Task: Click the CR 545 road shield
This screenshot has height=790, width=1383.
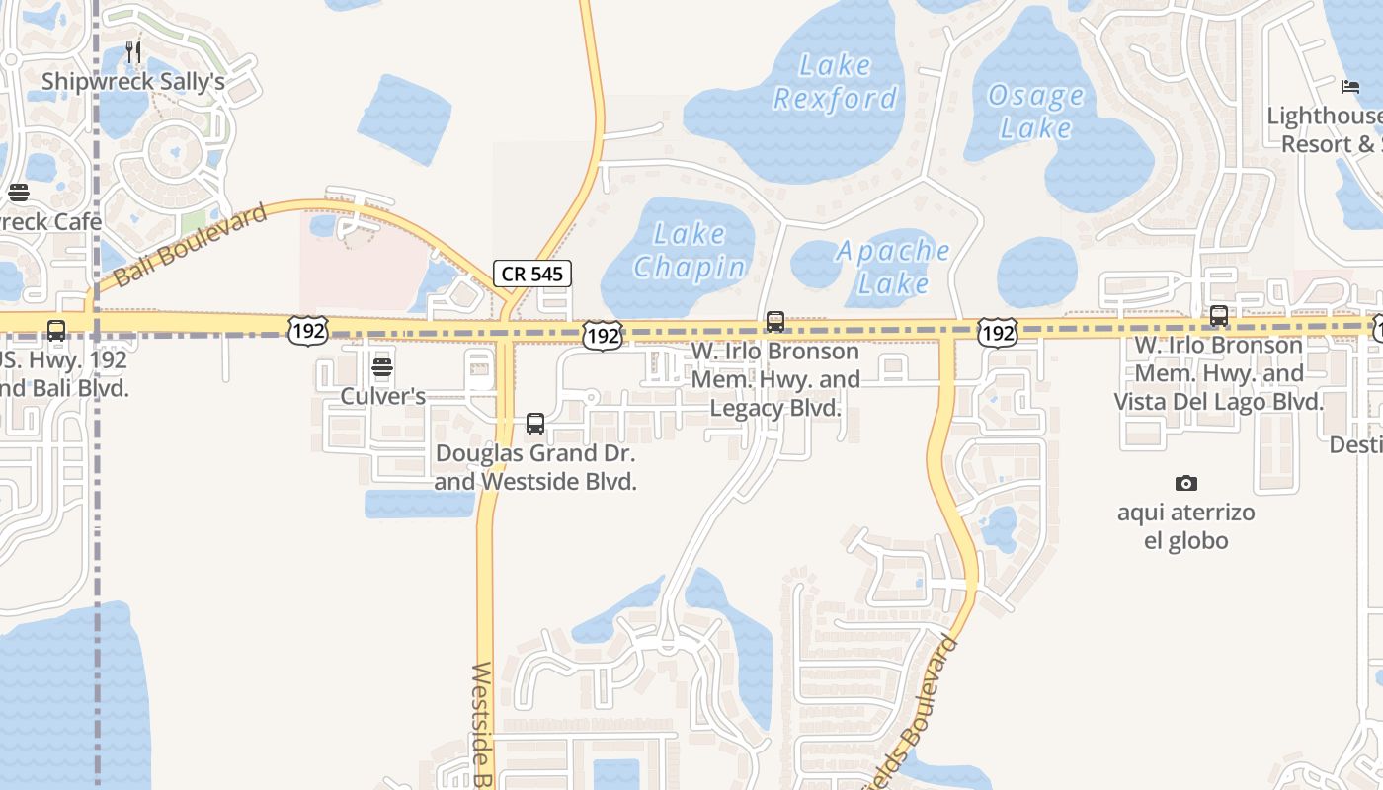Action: point(532,274)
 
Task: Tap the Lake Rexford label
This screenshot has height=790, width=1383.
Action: point(835,82)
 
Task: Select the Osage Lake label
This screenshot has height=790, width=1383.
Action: point(1036,112)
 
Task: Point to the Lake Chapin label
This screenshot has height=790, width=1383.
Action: point(690,251)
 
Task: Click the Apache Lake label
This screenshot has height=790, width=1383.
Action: point(893,267)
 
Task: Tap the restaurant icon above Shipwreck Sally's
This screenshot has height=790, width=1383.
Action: point(133,52)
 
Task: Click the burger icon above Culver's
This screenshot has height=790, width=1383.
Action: point(382,368)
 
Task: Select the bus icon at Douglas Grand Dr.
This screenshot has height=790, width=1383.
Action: point(535,424)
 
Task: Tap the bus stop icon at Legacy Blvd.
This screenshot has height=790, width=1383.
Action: point(775,322)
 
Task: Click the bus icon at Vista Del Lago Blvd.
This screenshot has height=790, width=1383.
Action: point(1219,316)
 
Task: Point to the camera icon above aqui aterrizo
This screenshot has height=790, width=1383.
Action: point(1186,483)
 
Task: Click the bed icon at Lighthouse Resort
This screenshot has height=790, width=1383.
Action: point(1350,87)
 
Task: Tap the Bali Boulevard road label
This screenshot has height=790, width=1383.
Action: point(191,246)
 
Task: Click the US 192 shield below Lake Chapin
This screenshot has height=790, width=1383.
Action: point(603,335)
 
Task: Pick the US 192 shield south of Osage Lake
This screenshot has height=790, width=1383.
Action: point(998,332)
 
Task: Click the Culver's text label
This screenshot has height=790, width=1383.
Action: point(382,396)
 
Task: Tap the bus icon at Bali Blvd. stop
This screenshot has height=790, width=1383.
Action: point(56,331)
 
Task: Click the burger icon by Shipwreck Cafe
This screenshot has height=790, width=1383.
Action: point(18,193)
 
